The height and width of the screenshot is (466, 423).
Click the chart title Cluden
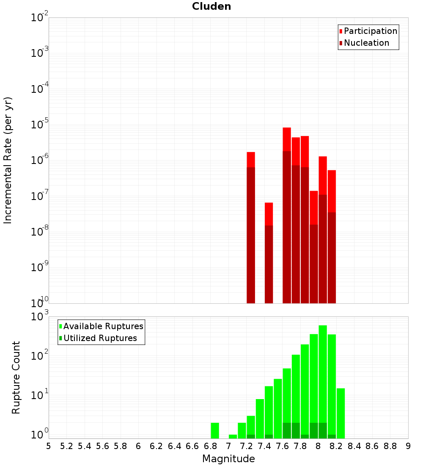211,6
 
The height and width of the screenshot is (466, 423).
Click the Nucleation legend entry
366,43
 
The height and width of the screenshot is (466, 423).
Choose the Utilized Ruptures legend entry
100,338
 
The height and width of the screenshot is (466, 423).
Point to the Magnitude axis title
228,459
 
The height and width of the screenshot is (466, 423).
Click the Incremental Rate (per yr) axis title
8,160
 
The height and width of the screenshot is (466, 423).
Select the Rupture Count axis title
16,377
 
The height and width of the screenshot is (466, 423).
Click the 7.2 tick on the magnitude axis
247,446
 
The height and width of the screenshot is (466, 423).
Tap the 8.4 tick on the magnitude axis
354,446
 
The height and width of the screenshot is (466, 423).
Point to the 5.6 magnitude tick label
103,446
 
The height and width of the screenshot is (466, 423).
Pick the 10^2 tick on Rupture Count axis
40,356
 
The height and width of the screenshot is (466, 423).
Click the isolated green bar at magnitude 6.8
215,430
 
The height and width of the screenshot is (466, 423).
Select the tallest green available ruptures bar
323,381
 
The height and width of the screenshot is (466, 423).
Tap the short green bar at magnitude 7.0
233,436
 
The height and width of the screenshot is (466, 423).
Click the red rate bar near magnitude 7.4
269,254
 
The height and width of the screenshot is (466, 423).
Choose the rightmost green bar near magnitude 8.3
341,413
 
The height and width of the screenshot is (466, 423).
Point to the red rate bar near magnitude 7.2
251,229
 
